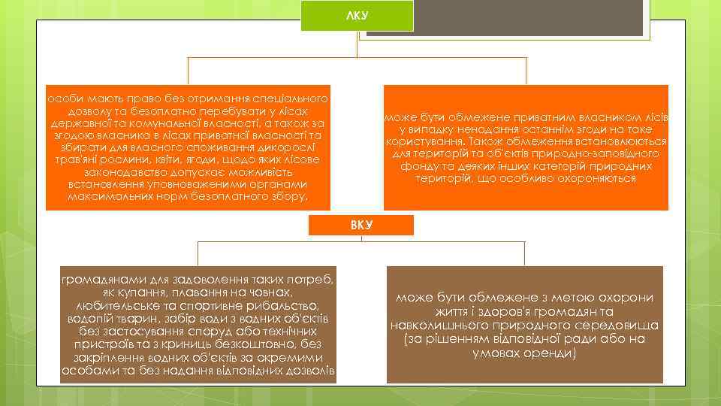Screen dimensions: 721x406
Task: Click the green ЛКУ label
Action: [x=357, y=16]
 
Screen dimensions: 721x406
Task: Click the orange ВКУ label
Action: [x=361, y=225]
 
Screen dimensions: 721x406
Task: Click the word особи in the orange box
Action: [x=62, y=99]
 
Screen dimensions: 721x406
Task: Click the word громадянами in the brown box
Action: [x=98, y=280]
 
